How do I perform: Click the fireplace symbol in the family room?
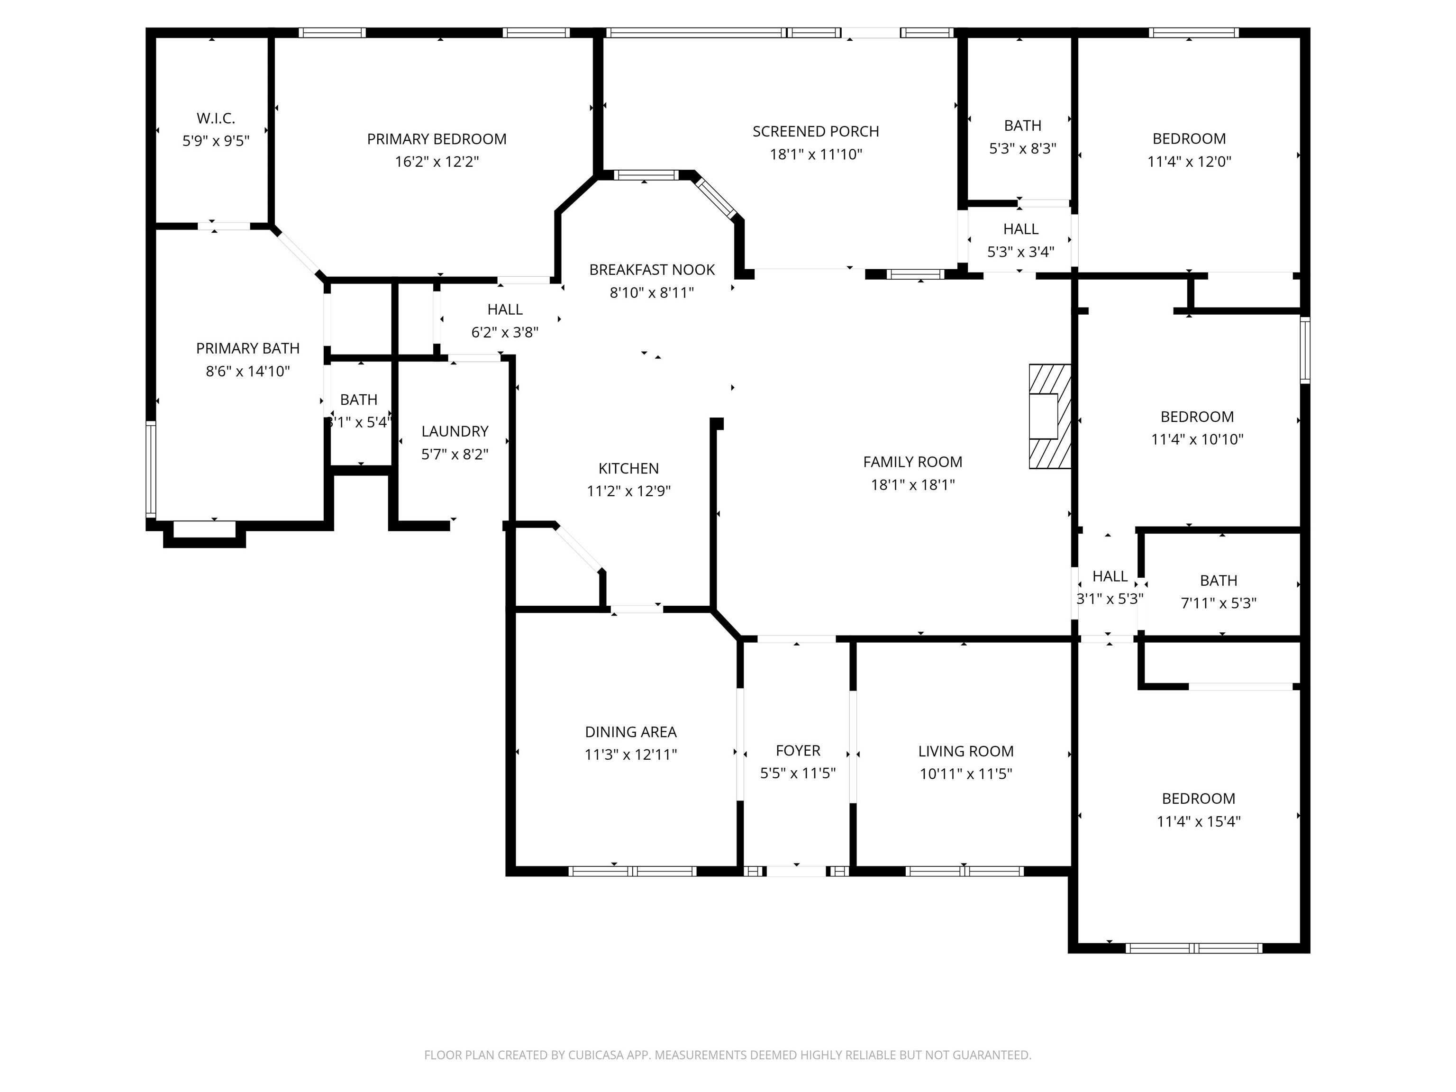pyautogui.click(x=1049, y=416)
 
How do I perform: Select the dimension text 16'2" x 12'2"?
pyautogui.click(x=437, y=161)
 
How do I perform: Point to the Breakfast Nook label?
pyautogui.click(x=652, y=270)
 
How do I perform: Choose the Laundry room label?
pyautogui.click(x=455, y=431)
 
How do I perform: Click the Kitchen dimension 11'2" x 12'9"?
pyautogui.click(x=628, y=491)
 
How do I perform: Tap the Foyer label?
pyautogui.click(x=798, y=750)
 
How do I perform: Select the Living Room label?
pyautogui.click(x=965, y=751)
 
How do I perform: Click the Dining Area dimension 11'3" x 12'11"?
pyautogui.click(x=630, y=755)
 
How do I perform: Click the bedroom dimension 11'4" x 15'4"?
pyautogui.click(x=1198, y=821)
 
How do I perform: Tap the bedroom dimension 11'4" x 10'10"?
pyautogui.click(x=1197, y=439)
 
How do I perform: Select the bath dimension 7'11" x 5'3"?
pyautogui.click(x=1219, y=603)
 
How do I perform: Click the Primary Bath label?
pyautogui.click(x=247, y=348)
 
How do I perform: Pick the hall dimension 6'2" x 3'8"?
pyautogui.click(x=505, y=332)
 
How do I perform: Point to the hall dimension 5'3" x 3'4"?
pyautogui.click(x=1020, y=252)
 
